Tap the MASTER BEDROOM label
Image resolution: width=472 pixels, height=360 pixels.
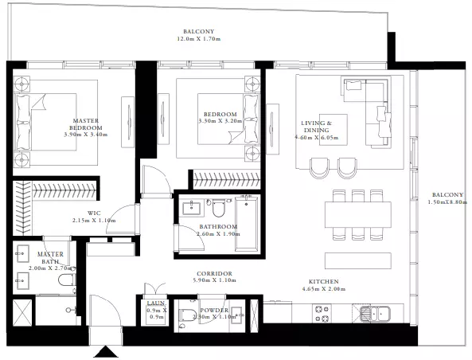point(86,123)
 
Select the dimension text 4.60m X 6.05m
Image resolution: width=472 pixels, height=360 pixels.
point(316,138)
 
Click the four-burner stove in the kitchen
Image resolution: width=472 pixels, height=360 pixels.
point(322,313)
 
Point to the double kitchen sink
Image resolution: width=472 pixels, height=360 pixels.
point(375,313)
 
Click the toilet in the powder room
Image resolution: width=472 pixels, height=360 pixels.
point(185,315)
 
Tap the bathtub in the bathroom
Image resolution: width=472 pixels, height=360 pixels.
point(247,223)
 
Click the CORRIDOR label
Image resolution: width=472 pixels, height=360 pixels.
point(214,273)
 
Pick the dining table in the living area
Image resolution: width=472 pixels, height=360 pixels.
point(358,214)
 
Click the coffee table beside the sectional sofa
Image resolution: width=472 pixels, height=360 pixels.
point(334,130)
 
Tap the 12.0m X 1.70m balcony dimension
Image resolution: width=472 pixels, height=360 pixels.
point(199,39)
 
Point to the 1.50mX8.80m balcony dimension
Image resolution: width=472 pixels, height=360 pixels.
point(447,202)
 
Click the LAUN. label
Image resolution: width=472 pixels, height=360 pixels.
point(156,303)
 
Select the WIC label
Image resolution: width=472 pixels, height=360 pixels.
point(94,213)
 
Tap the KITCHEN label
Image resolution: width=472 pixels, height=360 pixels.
point(324,282)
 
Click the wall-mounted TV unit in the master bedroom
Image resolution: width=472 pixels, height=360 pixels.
point(128,122)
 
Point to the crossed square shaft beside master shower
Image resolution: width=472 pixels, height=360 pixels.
point(22,312)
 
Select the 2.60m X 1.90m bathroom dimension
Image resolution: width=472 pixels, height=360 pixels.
point(218,234)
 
